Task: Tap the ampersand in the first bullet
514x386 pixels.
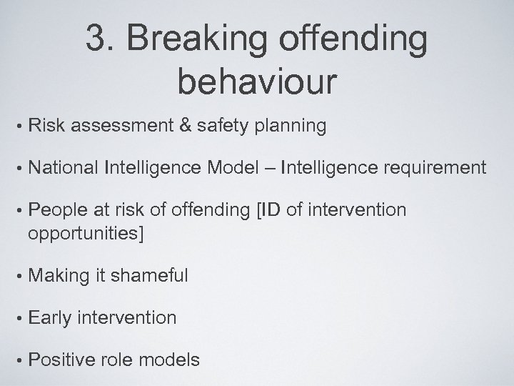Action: pos(183,127)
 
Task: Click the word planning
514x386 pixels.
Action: pos(290,127)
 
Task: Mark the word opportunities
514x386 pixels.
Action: pos(85,233)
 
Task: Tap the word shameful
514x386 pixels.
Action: pos(148,275)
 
